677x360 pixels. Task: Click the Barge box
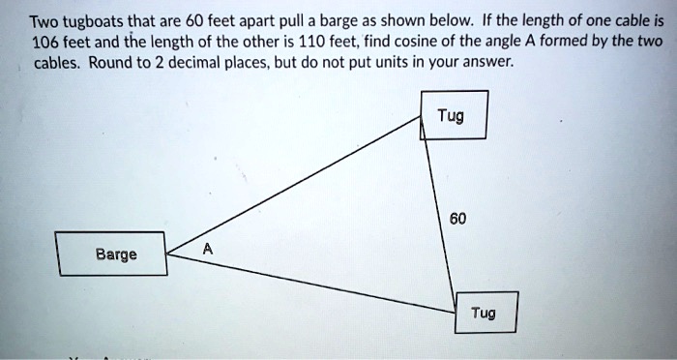click(x=110, y=255)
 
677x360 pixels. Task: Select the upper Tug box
click(x=454, y=115)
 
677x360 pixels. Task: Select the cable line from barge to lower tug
click(x=309, y=282)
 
